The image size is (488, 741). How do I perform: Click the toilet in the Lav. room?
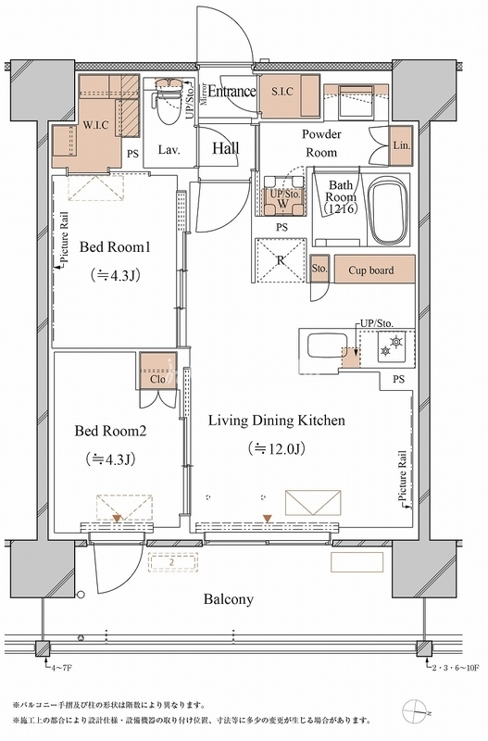[169, 101]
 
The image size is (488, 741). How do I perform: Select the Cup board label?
[370, 270]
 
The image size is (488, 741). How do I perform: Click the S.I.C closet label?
[282, 92]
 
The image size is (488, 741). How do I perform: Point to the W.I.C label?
[96, 125]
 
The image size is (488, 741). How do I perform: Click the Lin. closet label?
[402, 145]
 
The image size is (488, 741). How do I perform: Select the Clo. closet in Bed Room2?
[158, 371]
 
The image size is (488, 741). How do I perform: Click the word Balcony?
[228, 599]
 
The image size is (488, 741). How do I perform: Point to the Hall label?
[225, 148]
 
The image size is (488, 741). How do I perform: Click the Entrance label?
[231, 91]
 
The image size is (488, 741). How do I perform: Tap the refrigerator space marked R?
[281, 260]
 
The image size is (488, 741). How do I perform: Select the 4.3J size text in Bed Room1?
[115, 275]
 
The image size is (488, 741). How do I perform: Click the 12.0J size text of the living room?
[276, 448]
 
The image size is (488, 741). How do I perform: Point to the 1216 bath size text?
[341, 208]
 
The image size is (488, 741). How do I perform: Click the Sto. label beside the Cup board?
[319, 269]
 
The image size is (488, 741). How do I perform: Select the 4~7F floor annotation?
[61, 667]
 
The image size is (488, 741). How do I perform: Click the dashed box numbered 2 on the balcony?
[172, 563]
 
